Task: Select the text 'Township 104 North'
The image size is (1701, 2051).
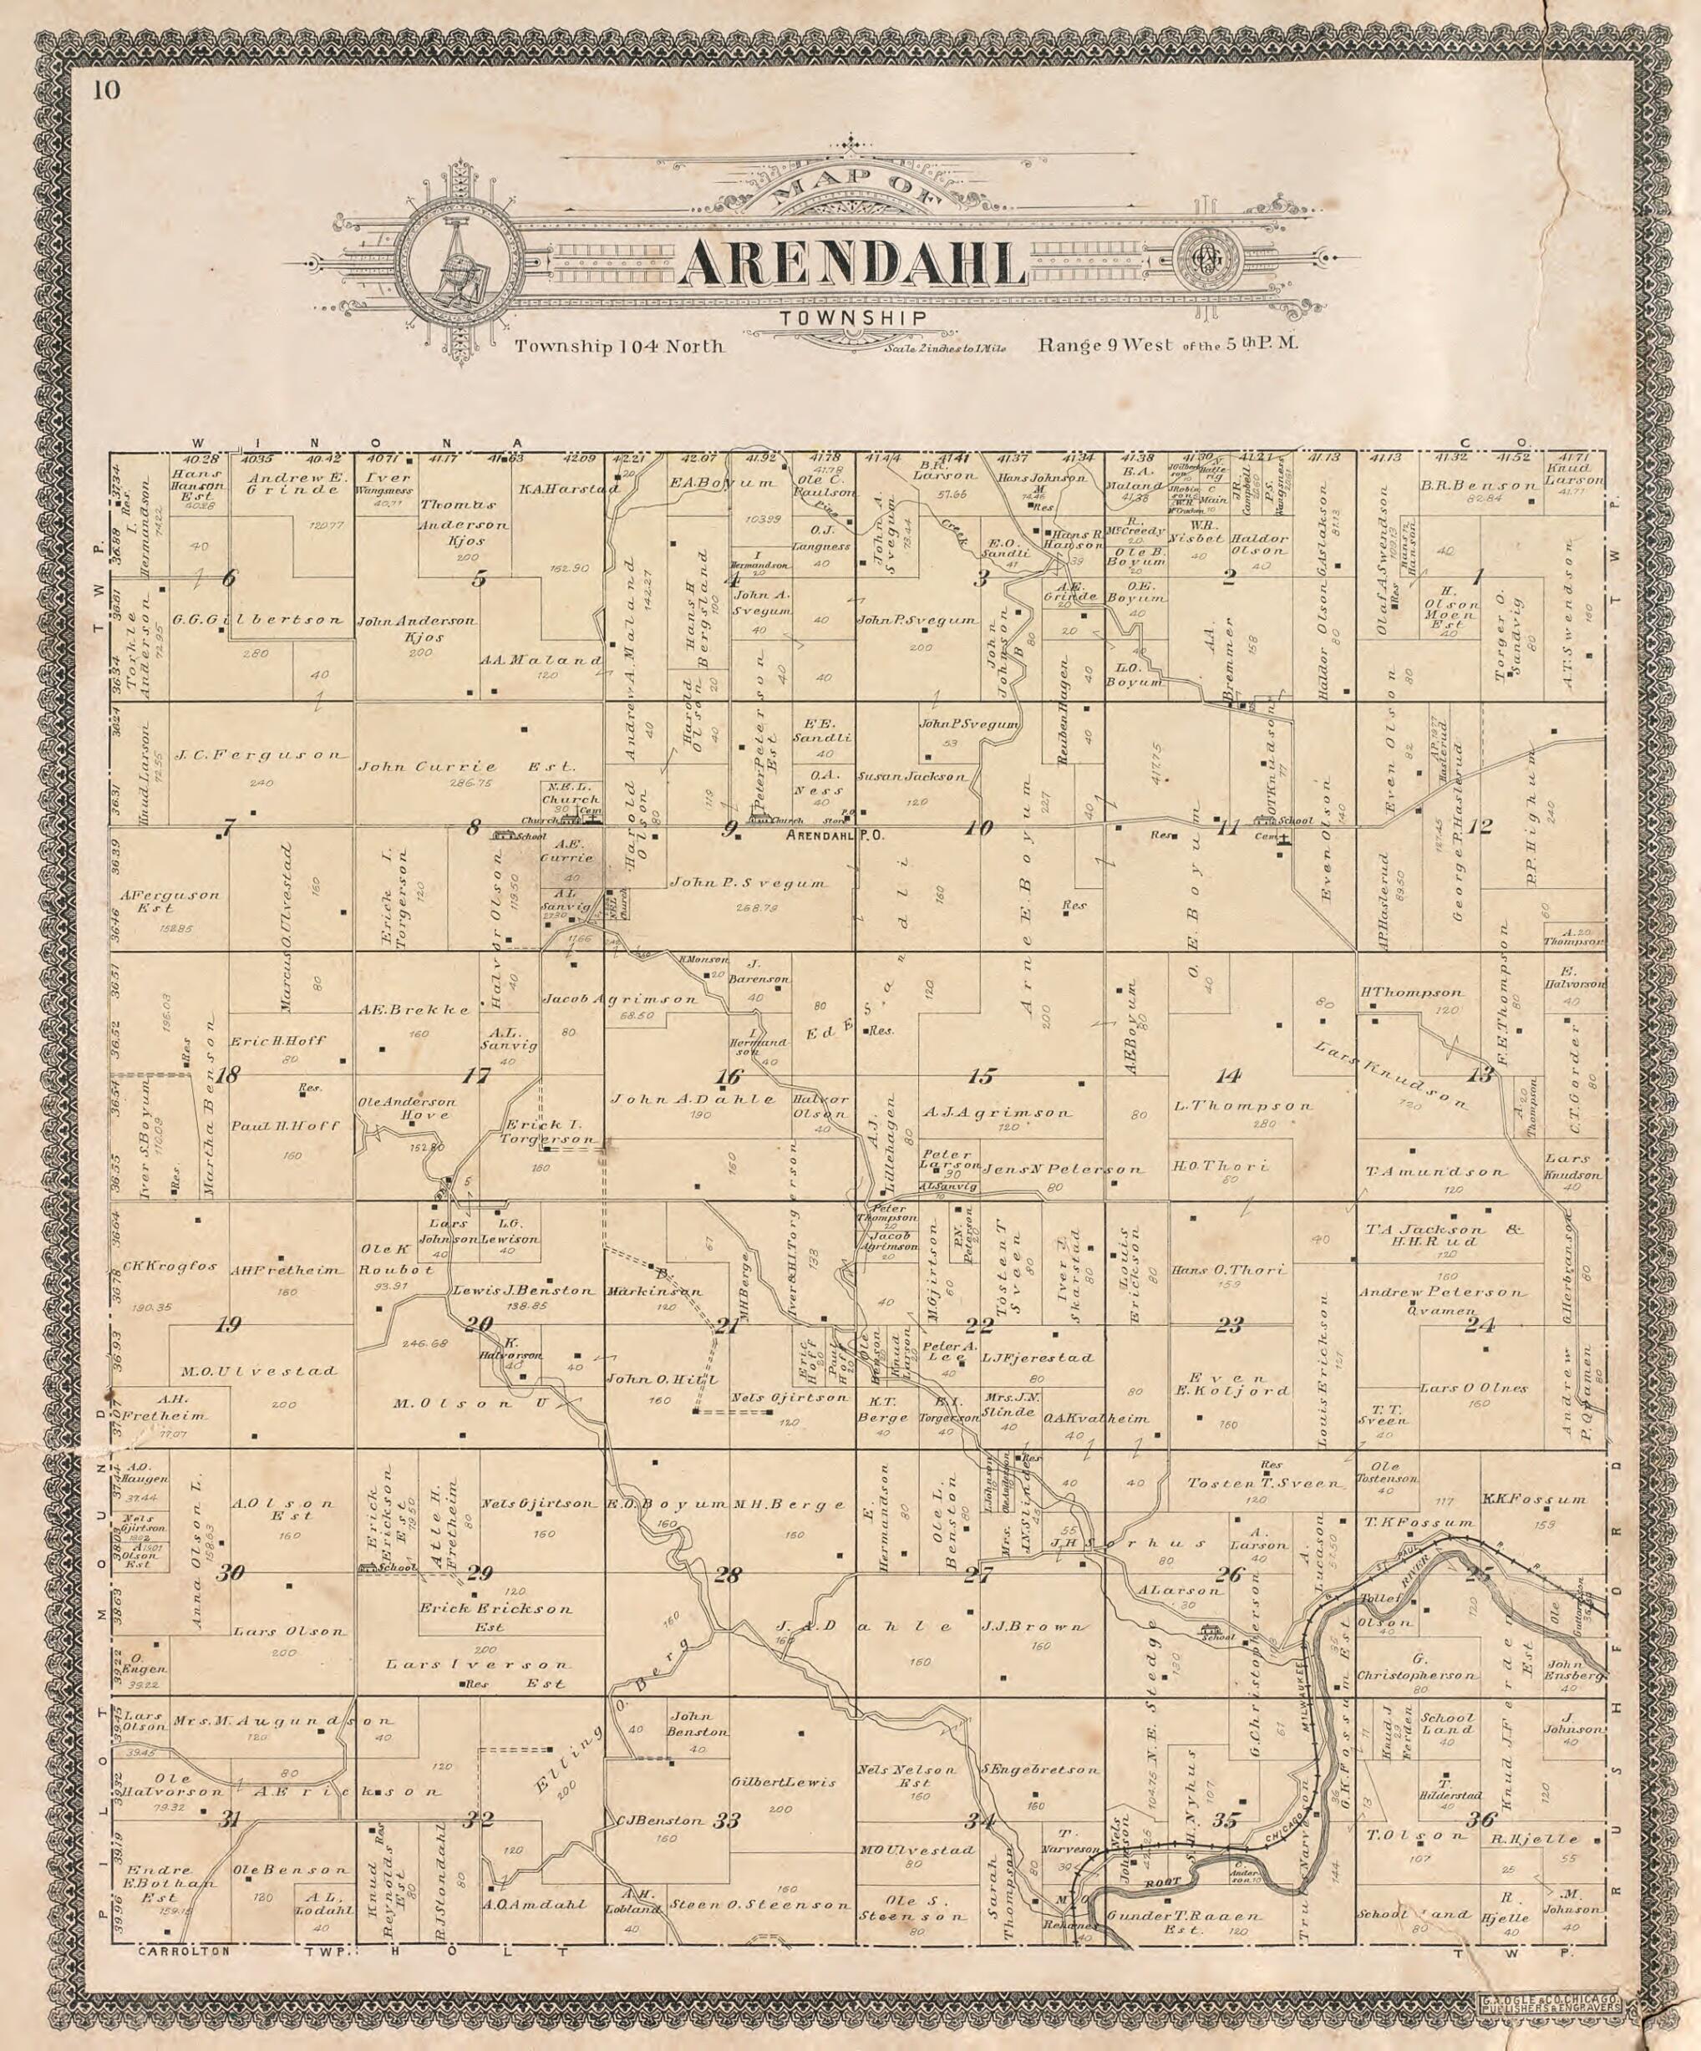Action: pyautogui.click(x=620, y=346)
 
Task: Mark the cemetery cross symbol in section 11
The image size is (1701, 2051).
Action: pyautogui.click(x=1284, y=839)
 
